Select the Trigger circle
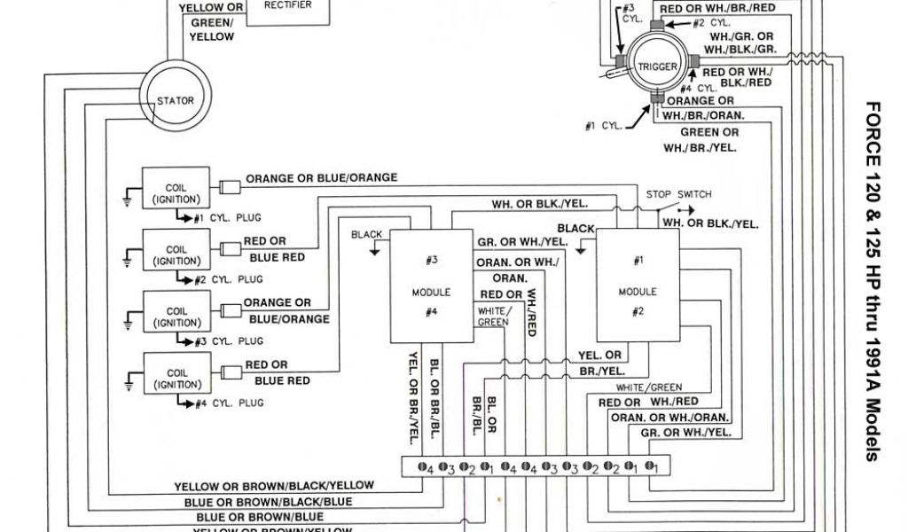(657, 66)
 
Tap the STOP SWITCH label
(678, 194)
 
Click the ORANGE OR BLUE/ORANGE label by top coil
(321, 178)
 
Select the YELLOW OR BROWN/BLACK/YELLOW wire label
(273, 486)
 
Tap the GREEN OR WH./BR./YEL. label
(700, 139)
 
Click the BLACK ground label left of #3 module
(366, 234)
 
